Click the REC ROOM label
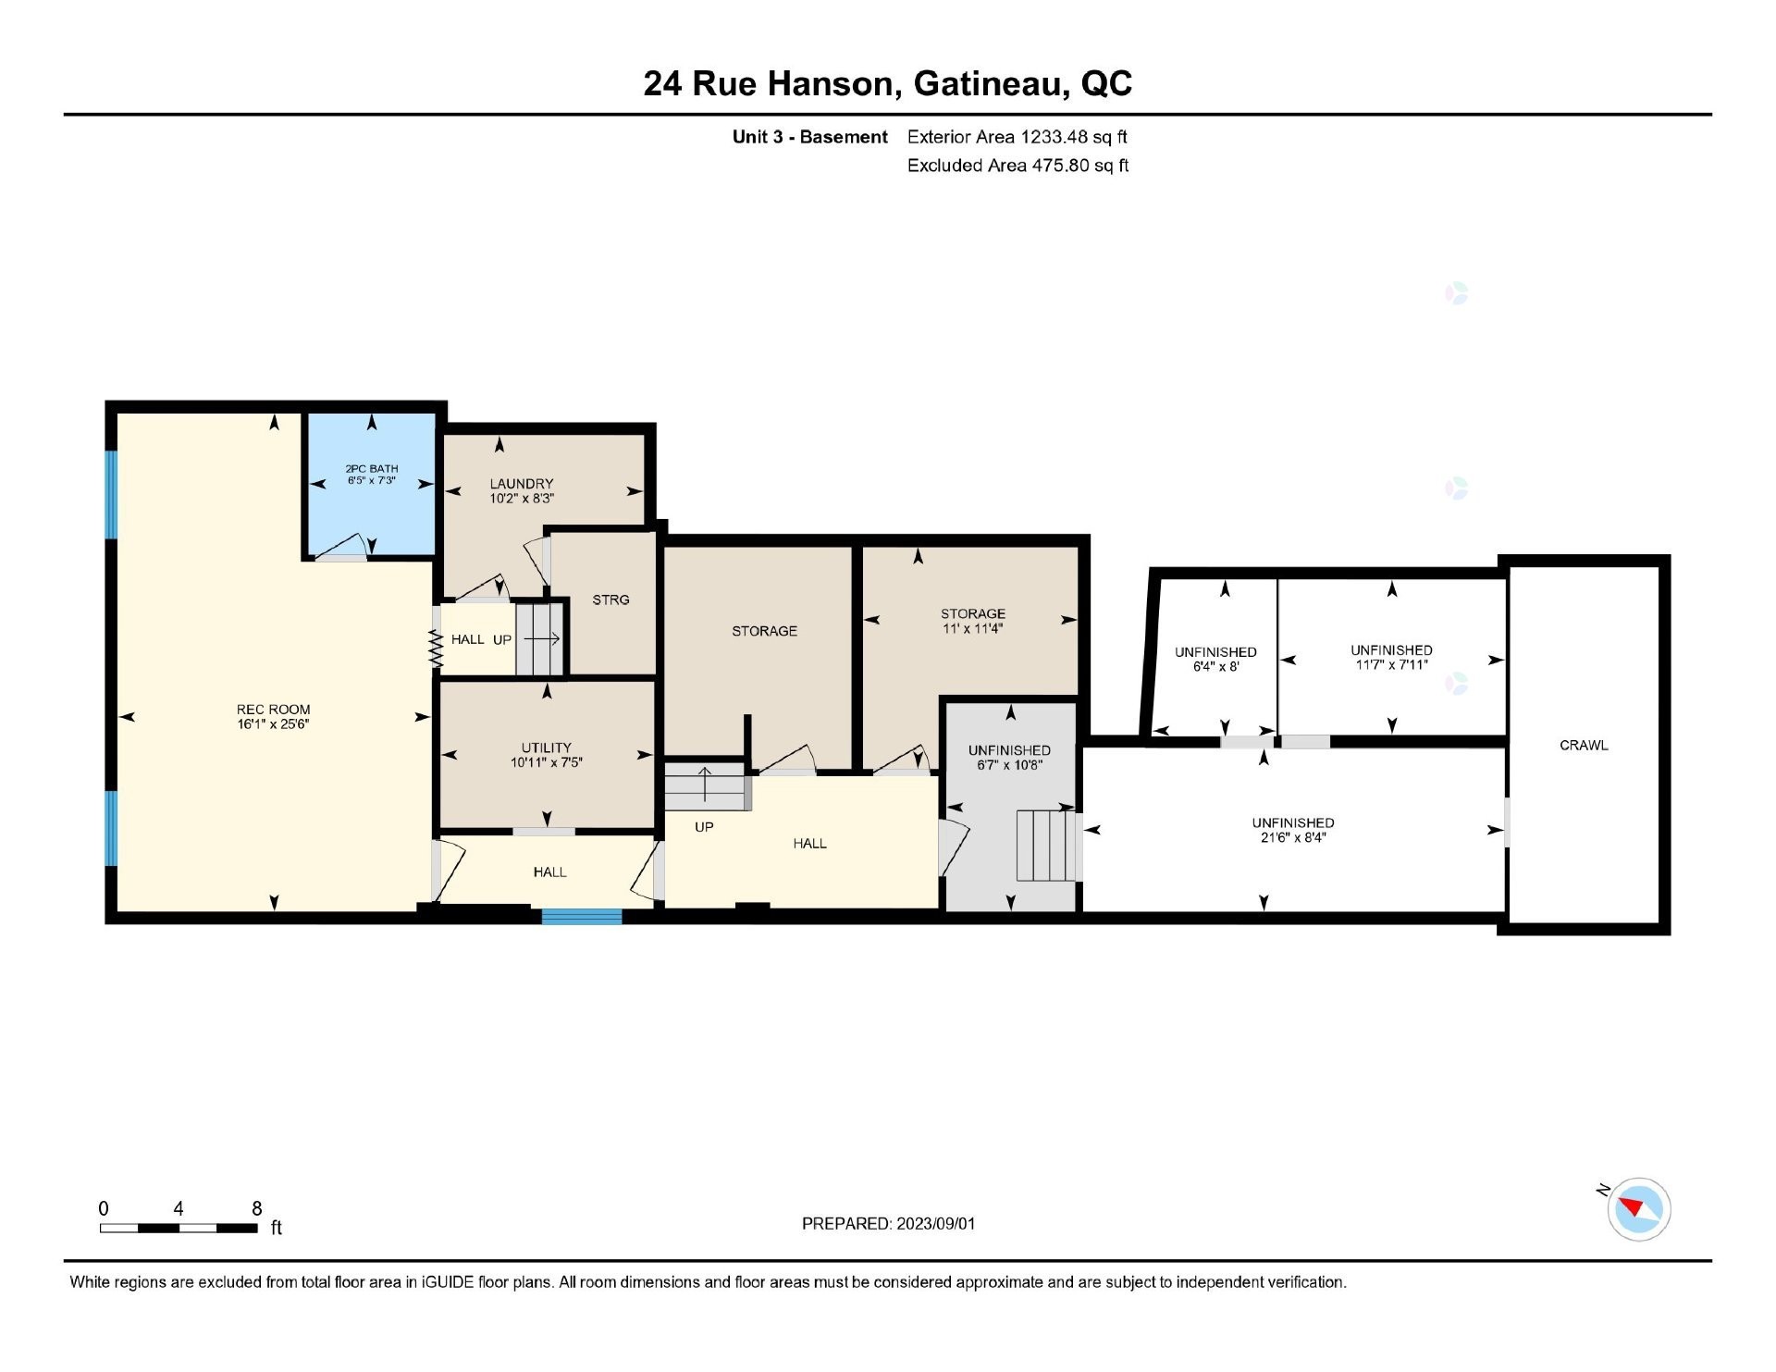point(273,710)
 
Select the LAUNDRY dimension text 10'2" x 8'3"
point(522,499)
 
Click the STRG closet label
point(610,599)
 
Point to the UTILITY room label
point(546,748)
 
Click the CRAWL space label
point(1584,745)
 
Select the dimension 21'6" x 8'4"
point(1292,838)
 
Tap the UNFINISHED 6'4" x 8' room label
point(1215,652)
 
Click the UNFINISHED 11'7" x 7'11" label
point(1391,650)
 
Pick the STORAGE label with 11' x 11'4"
point(972,613)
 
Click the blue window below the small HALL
point(582,916)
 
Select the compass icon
point(1638,1208)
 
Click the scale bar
point(179,1228)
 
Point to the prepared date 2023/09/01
point(888,1223)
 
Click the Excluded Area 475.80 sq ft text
point(1017,166)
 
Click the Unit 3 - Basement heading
point(809,137)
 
